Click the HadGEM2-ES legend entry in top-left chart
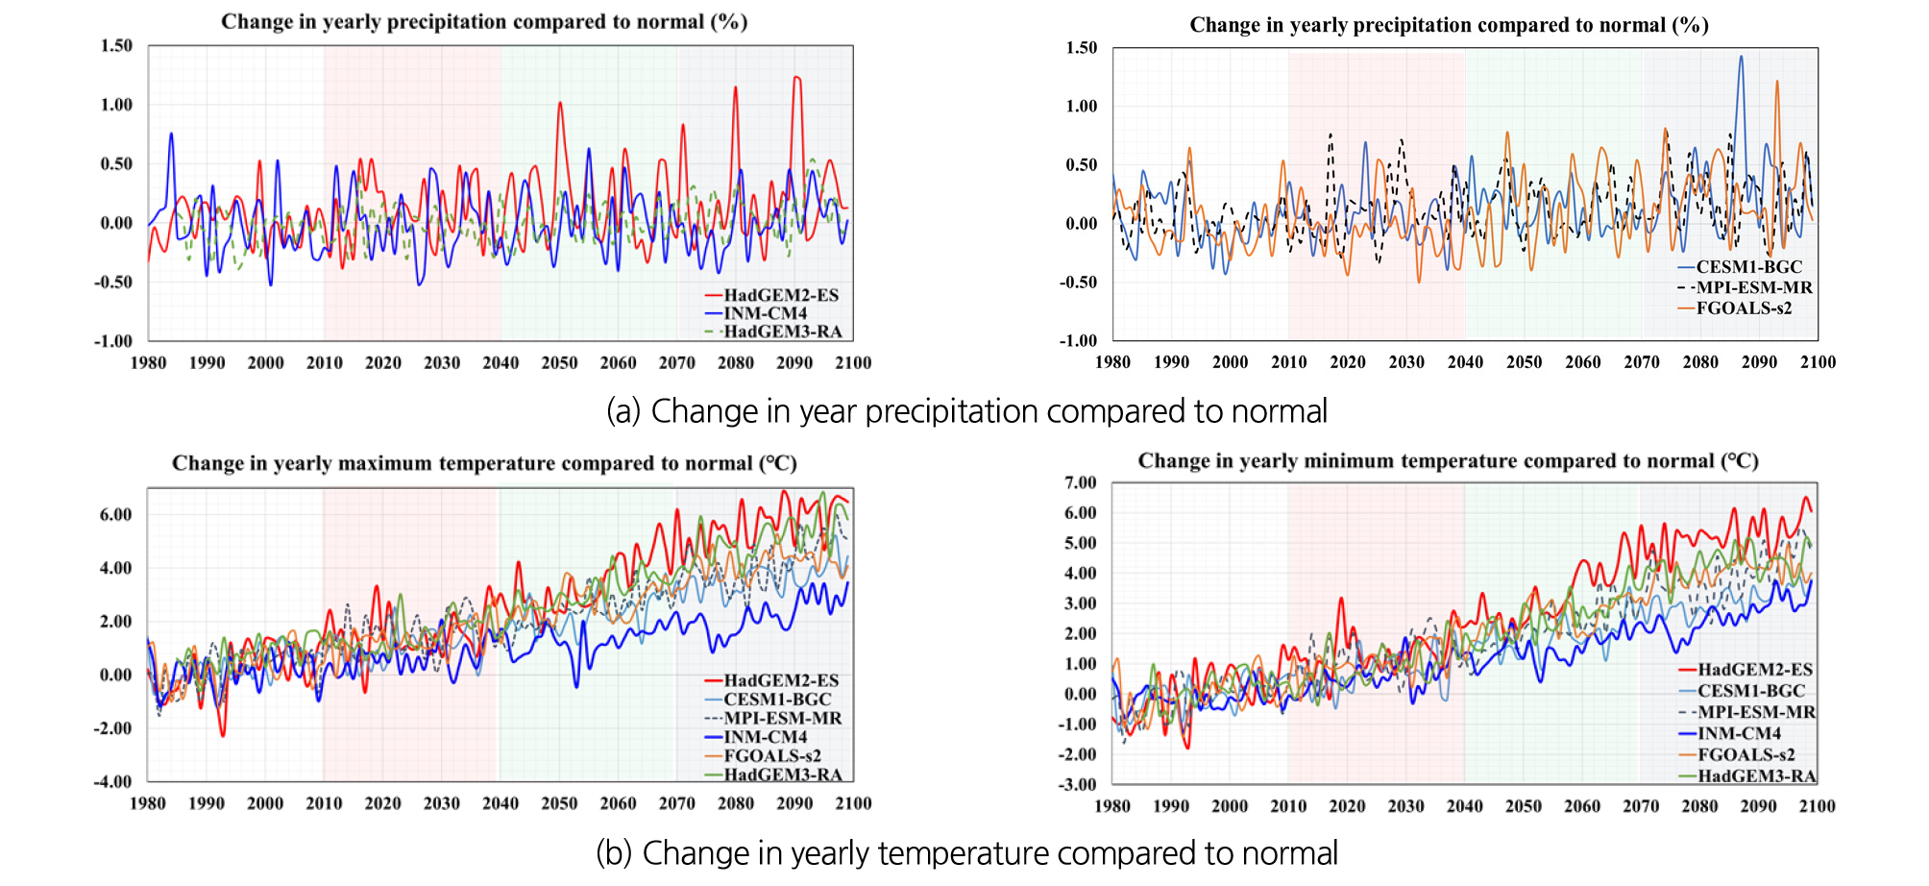(x=780, y=295)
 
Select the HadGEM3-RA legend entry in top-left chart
(x=782, y=332)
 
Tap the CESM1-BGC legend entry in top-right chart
(x=1748, y=267)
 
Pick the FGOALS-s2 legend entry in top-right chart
(x=1744, y=308)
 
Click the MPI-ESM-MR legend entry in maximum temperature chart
(x=782, y=718)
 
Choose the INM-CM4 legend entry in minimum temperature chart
(x=1739, y=733)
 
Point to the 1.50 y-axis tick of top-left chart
(x=116, y=45)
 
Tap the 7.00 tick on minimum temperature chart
(x=1081, y=482)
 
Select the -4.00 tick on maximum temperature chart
(x=112, y=781)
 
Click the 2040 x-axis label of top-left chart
(x=501, y=363)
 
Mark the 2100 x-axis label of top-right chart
(x=1818, y=362)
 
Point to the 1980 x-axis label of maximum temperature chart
(x=148, y=803)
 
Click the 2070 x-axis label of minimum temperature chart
(x=1641, y=806)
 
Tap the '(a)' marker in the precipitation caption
(x=623, y=411)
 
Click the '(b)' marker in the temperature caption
(x=613, y=853)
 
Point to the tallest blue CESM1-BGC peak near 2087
(x=1741, y=58)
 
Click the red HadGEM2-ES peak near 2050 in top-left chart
(x=560, y=104)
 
